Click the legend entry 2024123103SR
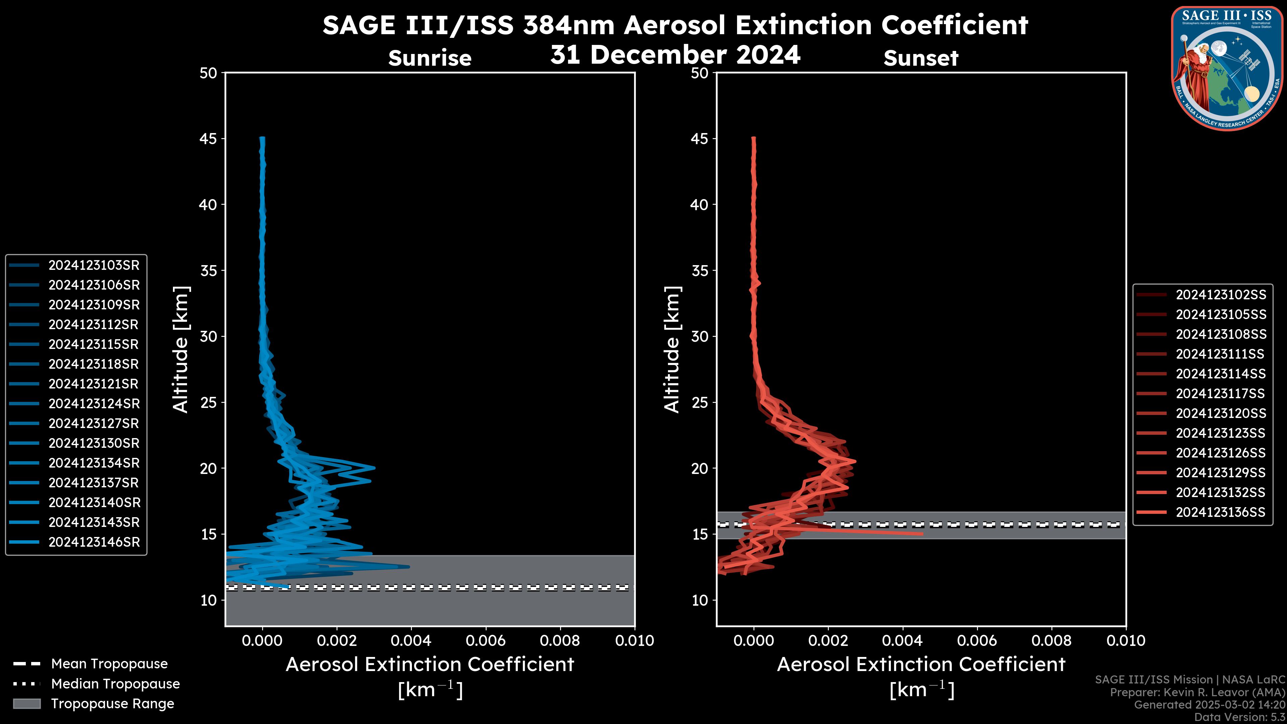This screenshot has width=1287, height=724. pos(94,265)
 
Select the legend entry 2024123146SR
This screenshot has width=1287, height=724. pos(94,542)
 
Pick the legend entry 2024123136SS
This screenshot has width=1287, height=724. pos(1221,512)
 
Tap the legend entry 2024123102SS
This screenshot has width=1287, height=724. pos(1221,295)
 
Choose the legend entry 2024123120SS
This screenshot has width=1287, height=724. pos(1221,413)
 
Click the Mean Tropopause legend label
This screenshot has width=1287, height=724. pos(109,664)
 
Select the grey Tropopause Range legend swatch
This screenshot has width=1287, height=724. pos(26,704)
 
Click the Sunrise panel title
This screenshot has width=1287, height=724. pos(430,58)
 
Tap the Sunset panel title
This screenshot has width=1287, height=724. pos(921,58)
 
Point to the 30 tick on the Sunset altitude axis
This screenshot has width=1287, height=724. pos(700,336)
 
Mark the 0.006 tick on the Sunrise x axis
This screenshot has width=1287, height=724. pos(486,641)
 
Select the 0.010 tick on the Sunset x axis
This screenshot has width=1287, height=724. pos(1126,641)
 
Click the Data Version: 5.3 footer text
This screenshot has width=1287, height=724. pos(1239,717)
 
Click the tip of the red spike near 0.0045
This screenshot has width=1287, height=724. pos(922,534)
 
